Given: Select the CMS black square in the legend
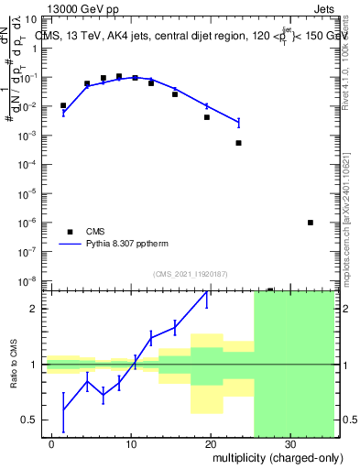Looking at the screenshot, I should [69, 231].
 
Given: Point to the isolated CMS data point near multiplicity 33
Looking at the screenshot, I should [311, 223].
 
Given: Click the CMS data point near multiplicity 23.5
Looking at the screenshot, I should [238, 143].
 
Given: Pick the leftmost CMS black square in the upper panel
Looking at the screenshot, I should [63, 105].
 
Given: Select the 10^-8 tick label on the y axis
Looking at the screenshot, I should [29, 280].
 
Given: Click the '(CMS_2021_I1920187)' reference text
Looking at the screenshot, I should [191, 274].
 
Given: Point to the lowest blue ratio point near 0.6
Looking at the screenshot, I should [63, 412].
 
